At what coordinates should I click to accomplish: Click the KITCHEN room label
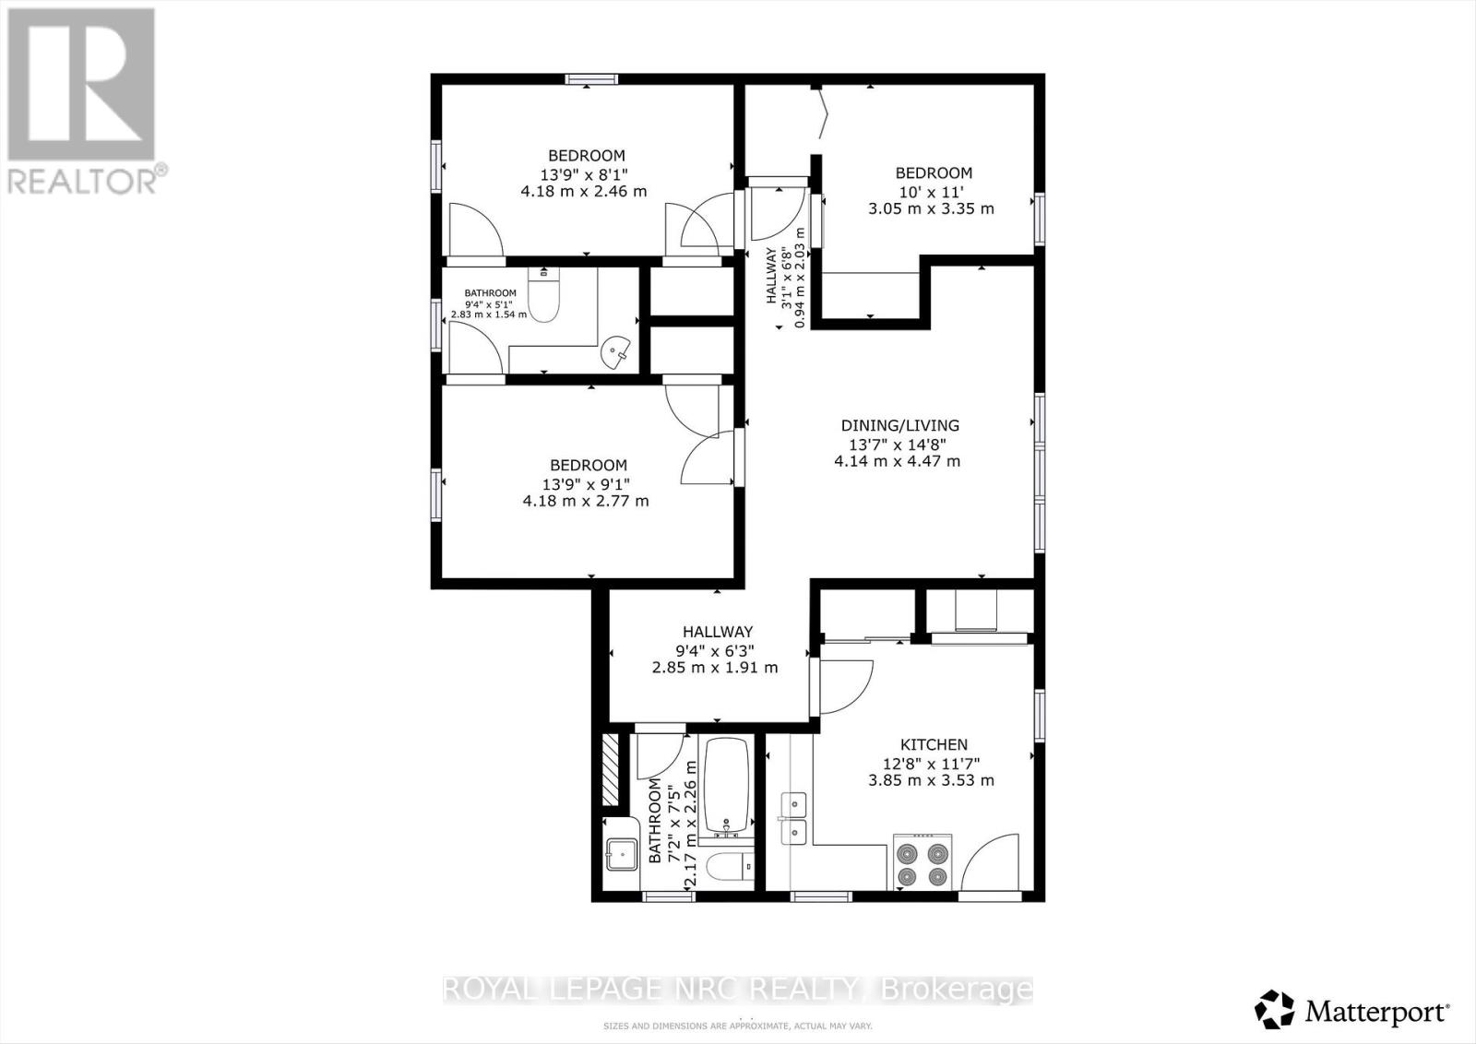[934, 744]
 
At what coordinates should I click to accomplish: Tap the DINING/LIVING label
[899, 425]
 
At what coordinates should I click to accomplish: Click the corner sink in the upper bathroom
[615, 351]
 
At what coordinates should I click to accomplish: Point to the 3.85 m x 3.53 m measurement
[931, 780]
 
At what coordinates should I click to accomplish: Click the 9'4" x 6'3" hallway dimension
[717, 649]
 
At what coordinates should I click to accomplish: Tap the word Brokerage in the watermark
[957, 990]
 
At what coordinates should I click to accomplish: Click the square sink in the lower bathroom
[622, 855]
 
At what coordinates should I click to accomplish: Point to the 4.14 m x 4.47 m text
[897, 461]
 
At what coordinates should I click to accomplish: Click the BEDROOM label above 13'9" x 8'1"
[586, 156]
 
